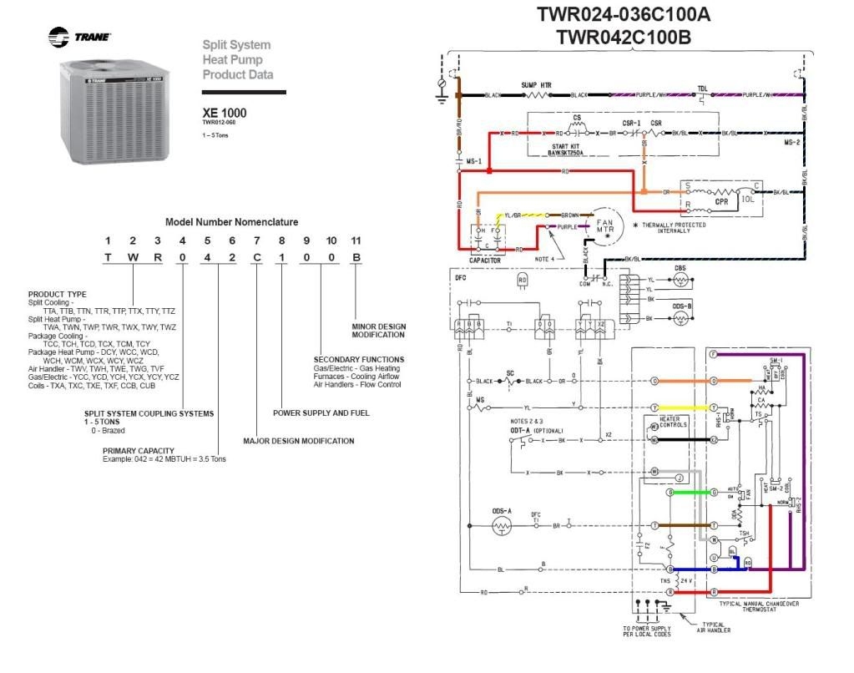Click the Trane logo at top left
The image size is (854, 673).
[79, 37]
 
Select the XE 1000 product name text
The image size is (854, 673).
[225, 113]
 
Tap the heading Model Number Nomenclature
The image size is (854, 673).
[231, 222]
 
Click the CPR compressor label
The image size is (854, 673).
[722, 201]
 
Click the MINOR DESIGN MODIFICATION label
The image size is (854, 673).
[378, 331]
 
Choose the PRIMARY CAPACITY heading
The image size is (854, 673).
[138, 451]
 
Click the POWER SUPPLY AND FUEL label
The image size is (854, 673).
[321, 412]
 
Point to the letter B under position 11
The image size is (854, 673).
[356, 257]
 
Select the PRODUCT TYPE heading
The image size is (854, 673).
[57, 294]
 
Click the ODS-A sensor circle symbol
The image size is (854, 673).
[502, 525]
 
